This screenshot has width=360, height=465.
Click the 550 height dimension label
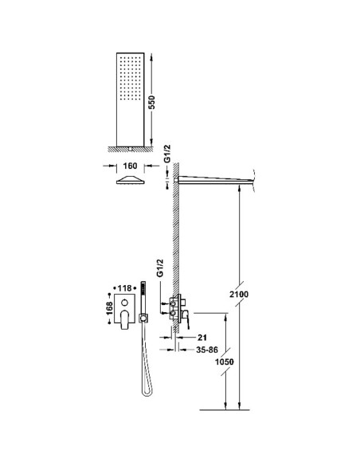tap(151, 102)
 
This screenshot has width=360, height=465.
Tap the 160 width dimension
tap(130, 166)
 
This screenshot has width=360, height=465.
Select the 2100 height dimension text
tap(239, 295)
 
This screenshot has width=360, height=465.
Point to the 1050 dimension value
tap(225, 361)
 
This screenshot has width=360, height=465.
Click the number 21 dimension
tap(202, 338)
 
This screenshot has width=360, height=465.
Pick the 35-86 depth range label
tap(207, 350)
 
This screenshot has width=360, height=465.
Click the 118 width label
tap(124, 288)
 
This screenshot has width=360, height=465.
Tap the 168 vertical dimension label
tap(110, 308)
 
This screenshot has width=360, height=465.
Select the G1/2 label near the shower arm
tap(167, 154)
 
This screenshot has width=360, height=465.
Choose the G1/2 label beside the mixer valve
tap(160, 268)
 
